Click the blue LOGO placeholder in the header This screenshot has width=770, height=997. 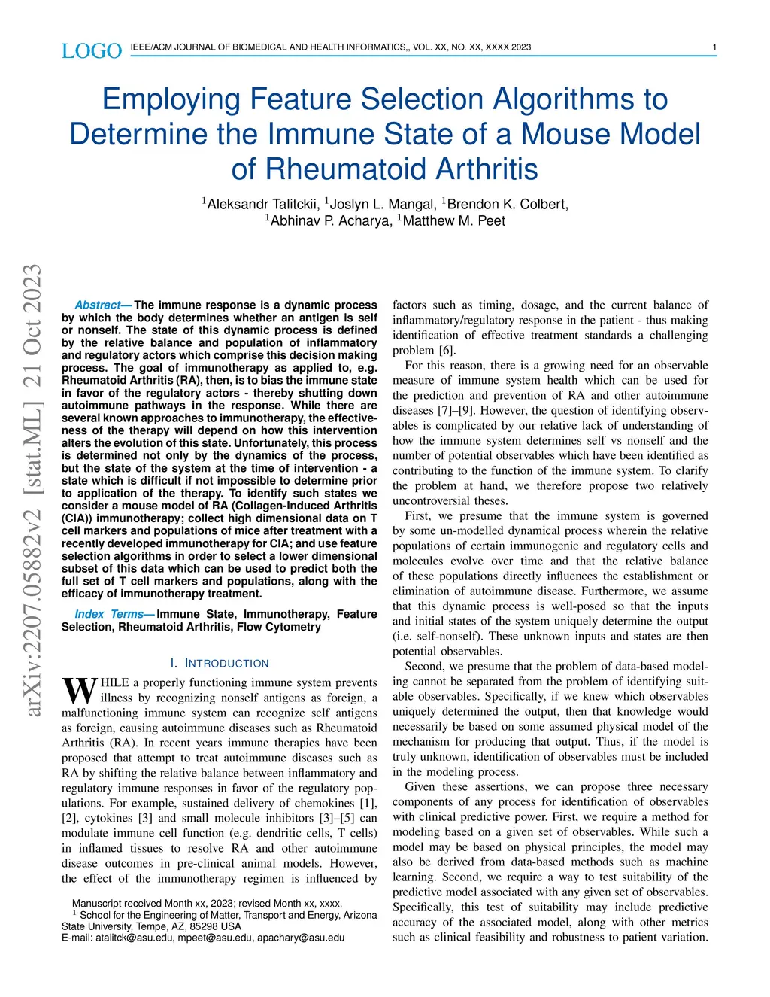coord(91,50)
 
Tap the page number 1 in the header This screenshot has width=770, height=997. coord(714,47)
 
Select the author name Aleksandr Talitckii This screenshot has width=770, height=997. coord(263,204)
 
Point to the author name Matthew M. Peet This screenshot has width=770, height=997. coord(453,220)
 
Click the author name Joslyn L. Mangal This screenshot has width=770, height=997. coord(383,204)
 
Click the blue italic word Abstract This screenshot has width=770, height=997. coord(98,305)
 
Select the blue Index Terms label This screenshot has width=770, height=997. coord(109,614)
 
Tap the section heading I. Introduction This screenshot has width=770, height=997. coord(220,663)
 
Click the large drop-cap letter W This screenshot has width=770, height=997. coord(79,689)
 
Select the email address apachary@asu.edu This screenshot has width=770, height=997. coord(301,938)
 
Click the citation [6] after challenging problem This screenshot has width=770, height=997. coord(447,350)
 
